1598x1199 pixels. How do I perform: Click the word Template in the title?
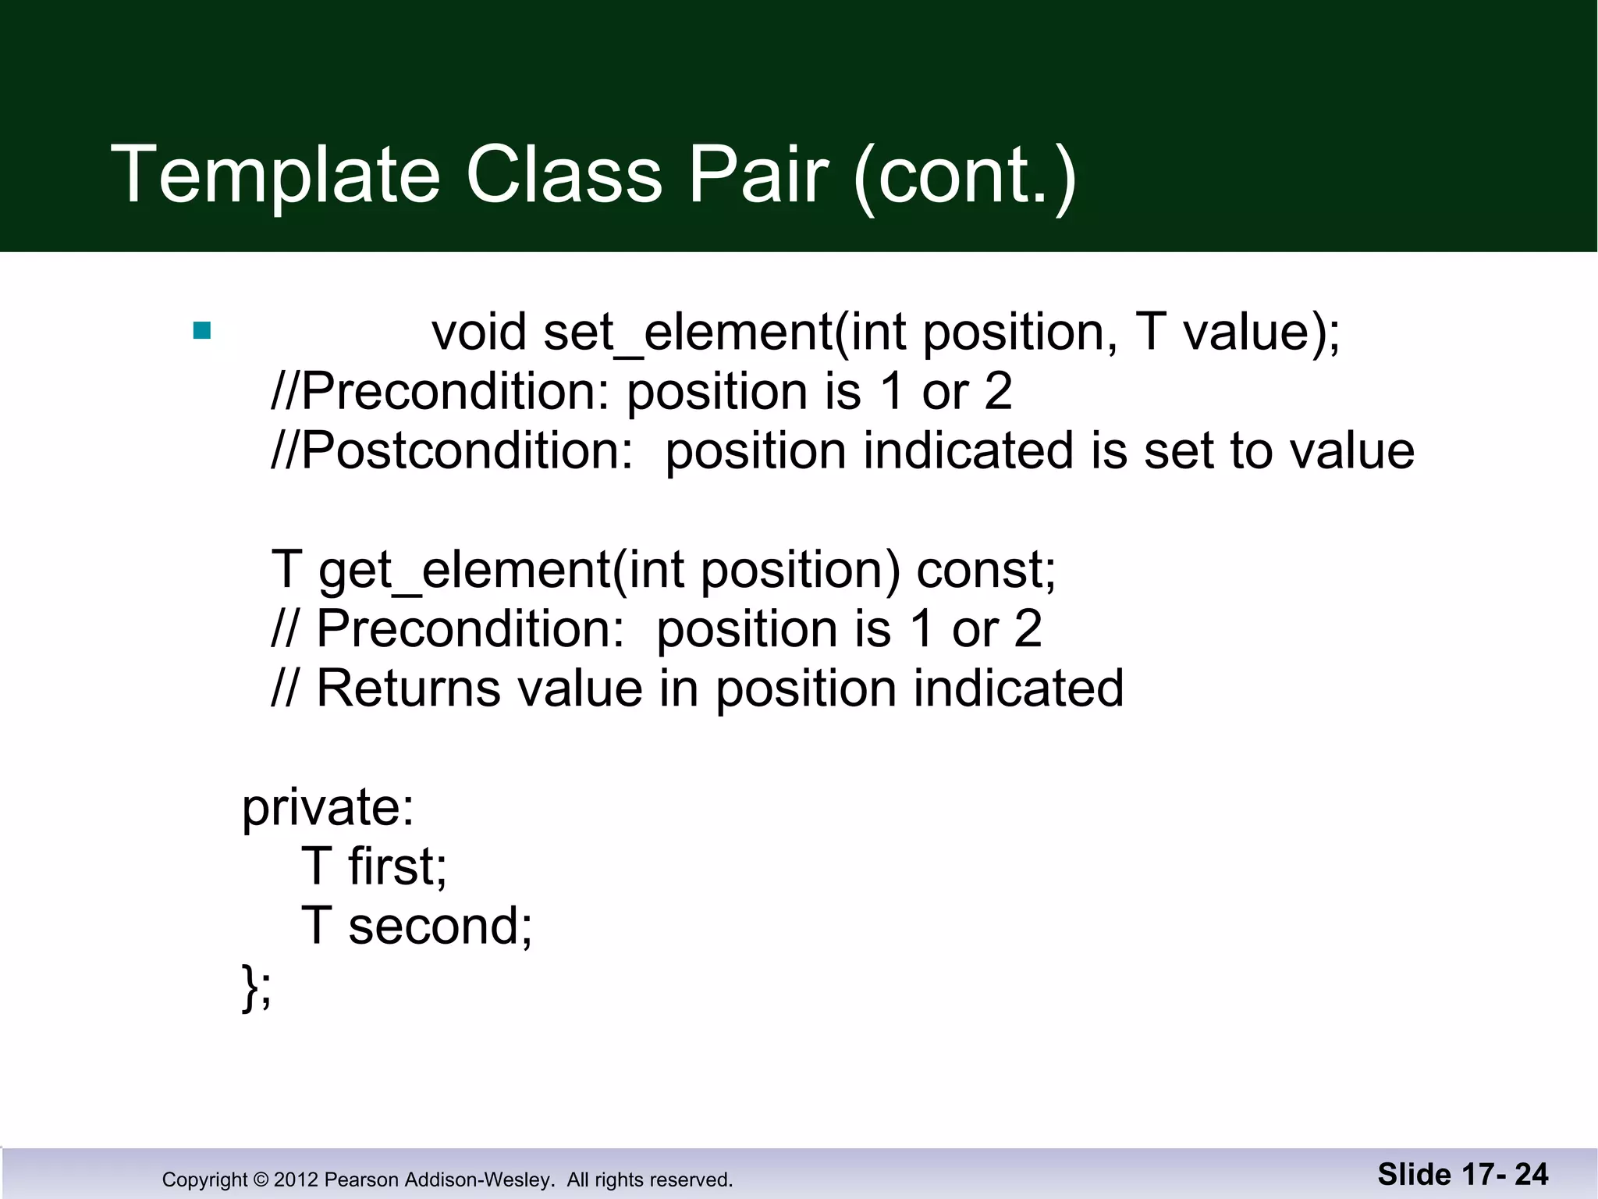coord(276,175)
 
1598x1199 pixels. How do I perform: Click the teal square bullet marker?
coord(202,331)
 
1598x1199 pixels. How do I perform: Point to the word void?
coord(479,333)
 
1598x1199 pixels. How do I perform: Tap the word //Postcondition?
coord(452,452)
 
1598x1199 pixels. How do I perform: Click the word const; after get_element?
coord(985,570)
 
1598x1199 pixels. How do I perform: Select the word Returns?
coord(408,689)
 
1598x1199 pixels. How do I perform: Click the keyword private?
coord(328,808)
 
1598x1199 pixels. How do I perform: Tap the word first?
coord(397,866)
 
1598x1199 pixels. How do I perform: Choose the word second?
coord(440,927)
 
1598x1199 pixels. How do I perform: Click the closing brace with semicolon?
coord(257,987)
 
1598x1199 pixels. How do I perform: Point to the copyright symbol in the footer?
coord(261,1179)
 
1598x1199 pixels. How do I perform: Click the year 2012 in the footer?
coord(296,1179)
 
